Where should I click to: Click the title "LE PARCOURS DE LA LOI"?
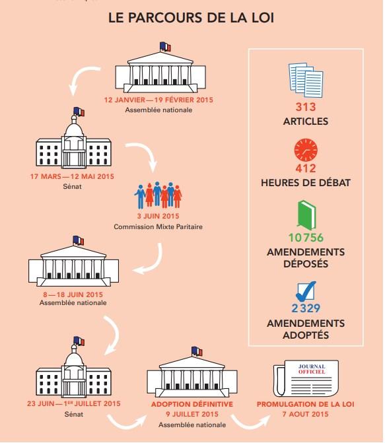point(191,18)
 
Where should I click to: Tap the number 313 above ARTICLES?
point(306,107)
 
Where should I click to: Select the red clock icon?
point(306,150)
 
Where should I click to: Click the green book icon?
point(306,215)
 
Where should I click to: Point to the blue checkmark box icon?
point(306,292)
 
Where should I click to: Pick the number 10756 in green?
point(306,238)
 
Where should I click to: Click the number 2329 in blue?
point(306,308)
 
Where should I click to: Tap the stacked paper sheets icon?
point(306,80)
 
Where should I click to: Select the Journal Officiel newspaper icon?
point(306,378)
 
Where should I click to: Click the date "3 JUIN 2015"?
point(158,216)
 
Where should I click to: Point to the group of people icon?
point(158,195)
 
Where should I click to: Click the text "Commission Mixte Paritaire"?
point(158,226)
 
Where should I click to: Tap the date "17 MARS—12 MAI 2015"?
point(72,176)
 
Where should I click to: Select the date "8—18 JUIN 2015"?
point(73,294)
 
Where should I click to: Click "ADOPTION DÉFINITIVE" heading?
point(192,404)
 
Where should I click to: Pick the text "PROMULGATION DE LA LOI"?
point(306,404)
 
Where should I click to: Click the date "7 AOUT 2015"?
point(306,414)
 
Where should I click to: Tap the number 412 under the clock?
point(306,168)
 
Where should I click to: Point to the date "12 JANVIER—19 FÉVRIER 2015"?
point(158,100)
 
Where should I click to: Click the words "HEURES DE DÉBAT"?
point(306,183)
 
